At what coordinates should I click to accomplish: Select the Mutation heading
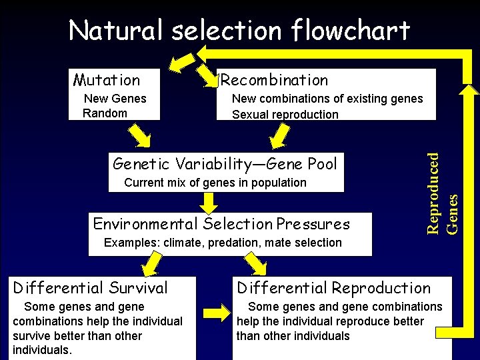point(107,81)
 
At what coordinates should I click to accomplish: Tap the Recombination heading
point(274,81)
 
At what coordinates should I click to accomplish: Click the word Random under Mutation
point(105,113)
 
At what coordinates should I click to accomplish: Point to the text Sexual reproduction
point(285,115)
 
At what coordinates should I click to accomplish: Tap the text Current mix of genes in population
point(215,183)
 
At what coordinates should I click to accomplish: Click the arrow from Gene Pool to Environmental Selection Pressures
point(210,201)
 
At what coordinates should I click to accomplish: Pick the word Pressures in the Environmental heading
point(313,224)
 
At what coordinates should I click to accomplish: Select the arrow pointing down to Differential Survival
point(150,265)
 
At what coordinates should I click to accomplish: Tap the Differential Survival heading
point(91,288)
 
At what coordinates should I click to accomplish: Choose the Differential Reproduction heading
point(333,288)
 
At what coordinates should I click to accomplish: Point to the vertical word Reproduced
point(433,193)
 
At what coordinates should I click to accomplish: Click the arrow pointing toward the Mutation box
point(178,63)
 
